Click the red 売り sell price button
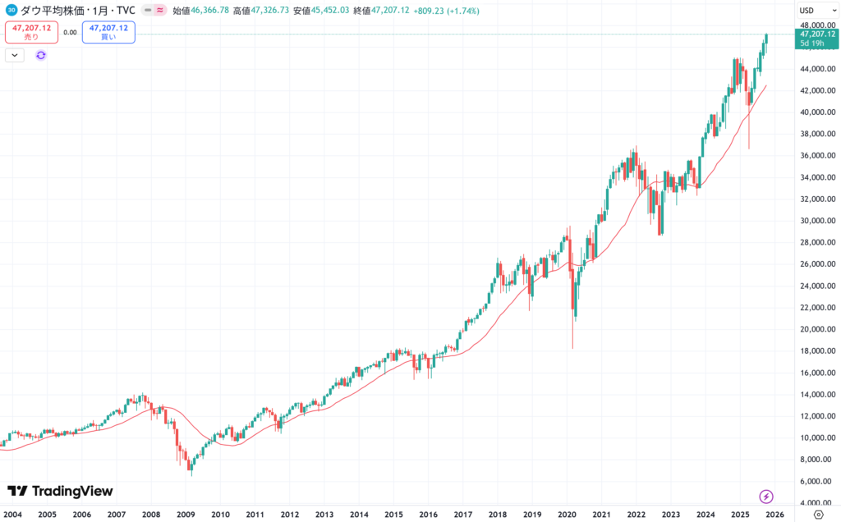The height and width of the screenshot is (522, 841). pyautogui.click(x=31, y=32)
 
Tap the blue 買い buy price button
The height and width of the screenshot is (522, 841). pyautogui.click(x=108, y=32)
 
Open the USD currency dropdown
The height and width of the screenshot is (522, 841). pyautogui.click(x=809, y=11)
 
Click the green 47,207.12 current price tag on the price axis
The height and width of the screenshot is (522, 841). pyautogui.click(x=816, y=34)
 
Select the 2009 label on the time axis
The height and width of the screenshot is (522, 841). pyautogui.click(x=186, y=515)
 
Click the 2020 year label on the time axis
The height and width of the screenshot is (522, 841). pyautogui.click(x=567, y=515)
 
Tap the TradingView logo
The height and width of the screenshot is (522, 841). pyautogui.click(x=60, y=491)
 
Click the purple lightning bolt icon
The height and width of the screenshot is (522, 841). pyautogui.click(x=766, y=496)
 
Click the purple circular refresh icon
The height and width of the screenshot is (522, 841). pyautogui.click(x=41, y=55)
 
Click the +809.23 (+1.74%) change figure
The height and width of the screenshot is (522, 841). pyautogui.click(x=448, y=11)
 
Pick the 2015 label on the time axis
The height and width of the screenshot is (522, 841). pyautogui.click(x=393, y=515)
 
